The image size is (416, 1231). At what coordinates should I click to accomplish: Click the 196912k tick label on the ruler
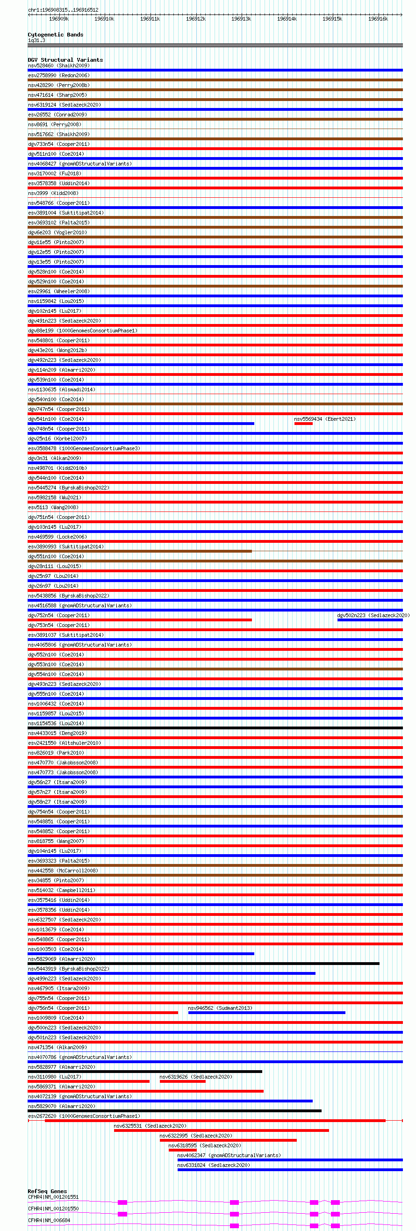(x=195, y=19)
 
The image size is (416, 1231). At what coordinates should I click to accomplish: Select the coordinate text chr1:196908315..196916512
(x=63, y=9)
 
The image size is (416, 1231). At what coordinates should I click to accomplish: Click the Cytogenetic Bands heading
(x=56, y=35)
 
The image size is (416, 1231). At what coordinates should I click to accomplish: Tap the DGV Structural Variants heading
(x=65, y=60)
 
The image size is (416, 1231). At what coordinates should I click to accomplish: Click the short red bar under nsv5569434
(x=303, y=424)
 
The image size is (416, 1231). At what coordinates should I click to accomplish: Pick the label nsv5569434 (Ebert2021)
(x=325, y=419)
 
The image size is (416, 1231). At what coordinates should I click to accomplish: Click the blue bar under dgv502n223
(x=370, y=620)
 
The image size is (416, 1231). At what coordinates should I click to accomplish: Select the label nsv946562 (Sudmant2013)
(x=220, y=1008)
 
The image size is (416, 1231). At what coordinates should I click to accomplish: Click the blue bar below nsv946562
(x=266, y=1013)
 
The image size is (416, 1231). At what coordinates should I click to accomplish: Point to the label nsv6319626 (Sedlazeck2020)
(x=196, y=1077)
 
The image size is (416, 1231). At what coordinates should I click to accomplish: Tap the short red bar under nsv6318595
(x=182, y=1150)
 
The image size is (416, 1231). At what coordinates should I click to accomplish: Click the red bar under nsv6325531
(x=221, y=1130)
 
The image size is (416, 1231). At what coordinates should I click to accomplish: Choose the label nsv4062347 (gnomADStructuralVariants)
(x=229, y=1155)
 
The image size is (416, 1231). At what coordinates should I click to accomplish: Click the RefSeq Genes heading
(x=47, y=1191)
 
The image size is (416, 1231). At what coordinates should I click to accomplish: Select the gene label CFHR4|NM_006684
(x=49, y=1220)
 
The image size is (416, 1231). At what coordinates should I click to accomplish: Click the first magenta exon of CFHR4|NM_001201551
(x=122, y=1202)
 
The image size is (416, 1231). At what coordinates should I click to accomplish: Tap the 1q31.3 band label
(x=36, y=40)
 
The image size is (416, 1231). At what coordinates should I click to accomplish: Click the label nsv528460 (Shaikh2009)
(x=58, y=65)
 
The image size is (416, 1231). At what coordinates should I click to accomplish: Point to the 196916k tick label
(x=378, y=19)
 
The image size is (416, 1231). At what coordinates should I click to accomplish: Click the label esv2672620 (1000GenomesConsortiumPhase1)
(x=84, y=1116)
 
